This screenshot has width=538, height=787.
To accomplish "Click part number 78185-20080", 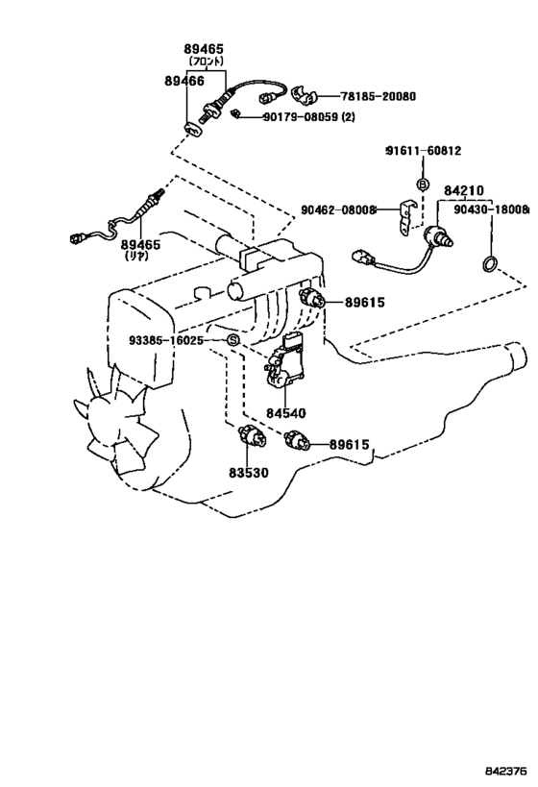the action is pyautogui.click(x=379, y=96).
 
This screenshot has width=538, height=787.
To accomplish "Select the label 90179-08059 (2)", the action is pyautogui.click(x=309, y=117).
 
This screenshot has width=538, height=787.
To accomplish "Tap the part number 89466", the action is pyautogui.click(x=184, y=81).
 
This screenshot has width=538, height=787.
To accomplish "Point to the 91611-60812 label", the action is pyautogui.click(x=423, y=150).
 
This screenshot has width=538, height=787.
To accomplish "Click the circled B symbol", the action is pyautogui.click(x=423, y=184).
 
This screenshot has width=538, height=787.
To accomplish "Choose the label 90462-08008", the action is pyautogui.click(x=338, y=210).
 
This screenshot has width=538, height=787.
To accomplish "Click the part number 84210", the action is pyautogui.click(x=464, y=190).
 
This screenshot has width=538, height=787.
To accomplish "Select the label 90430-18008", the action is pyautogui.click(x=491, y=210).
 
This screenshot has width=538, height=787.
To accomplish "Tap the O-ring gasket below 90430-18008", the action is pyautogui.click(x=490, y=263).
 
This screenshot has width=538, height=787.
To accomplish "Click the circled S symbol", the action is pyautogui.click(x=232, y=340).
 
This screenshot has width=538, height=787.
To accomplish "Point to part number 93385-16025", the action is pyautogui.click(x=166, y=341).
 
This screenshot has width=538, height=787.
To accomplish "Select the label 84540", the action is pyautogui.click(x=285, y=413).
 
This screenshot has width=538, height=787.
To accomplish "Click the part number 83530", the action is pyautogui.click(x=249, y=473).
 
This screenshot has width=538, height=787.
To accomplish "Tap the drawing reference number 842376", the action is pyautogui.click(x=506, y=770).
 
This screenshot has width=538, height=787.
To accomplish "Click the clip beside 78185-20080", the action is pyautogui.click(x=304, y=94).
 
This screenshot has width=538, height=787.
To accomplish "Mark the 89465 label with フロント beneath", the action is pyautogui.click(x=204, y=50).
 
